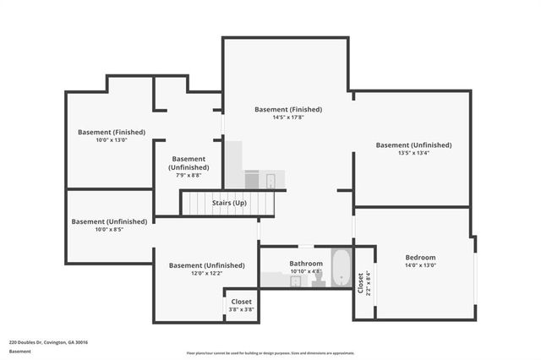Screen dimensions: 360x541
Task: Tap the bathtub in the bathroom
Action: [340, 268]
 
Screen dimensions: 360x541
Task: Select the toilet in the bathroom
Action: [319, 278]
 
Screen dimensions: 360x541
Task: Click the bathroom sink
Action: [296, 281]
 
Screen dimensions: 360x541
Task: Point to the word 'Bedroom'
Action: [420, 258]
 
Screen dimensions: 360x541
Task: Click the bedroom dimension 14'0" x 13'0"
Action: [420, 265]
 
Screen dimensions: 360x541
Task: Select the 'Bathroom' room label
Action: [306, 264]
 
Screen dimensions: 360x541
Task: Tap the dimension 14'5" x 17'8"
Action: [288, 117]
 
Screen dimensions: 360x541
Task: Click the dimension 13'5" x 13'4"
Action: [413, 153]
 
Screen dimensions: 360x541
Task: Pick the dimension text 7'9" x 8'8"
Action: [189, 175]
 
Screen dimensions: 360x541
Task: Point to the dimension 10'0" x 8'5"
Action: [109, 229]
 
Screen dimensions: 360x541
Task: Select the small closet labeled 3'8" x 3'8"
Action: [241, 305]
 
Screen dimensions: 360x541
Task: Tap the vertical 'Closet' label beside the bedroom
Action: [362, 281]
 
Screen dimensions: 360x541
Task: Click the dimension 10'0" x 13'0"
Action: [111, 139]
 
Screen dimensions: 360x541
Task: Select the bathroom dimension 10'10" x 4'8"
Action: [306, 271]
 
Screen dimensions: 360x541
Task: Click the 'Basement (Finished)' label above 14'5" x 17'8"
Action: [288, 109]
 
